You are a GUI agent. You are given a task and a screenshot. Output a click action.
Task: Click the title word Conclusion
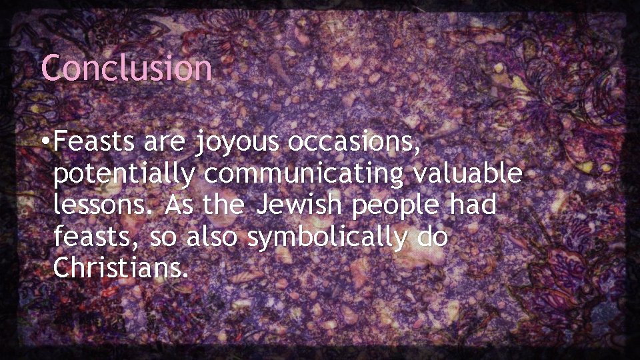(127, 67)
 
